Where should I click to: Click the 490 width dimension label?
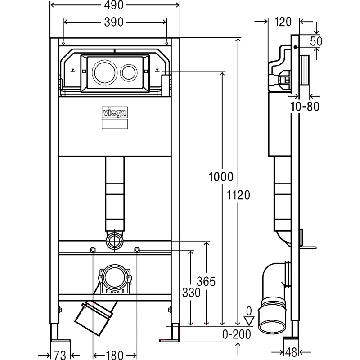click(x=114, y=5)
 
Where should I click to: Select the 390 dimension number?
click(x=114, y=22)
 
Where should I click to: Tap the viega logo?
click(x=115, y=113)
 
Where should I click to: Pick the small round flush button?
click(x=129, y=72)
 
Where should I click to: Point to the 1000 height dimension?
click(x=221, y=177)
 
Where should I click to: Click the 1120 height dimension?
click(x=238, y=196)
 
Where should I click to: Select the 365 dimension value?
click(x=206, y=282)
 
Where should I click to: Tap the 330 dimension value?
click(x=191, y=293)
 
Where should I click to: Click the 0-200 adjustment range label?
click(x=237, y=334)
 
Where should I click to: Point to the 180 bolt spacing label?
click(x=115, y=355)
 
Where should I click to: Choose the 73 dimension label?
click(x=60, y=355)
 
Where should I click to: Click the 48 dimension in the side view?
click(x=291, y=352)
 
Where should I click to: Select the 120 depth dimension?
click(x=283, y=22)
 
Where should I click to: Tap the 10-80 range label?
click(x=305, y=107)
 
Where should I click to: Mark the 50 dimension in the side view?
click(x=316, y=41)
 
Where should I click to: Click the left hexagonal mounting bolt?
click(x=92, y=250)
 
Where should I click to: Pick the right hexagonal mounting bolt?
click(x=137, y=250)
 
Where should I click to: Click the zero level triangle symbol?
click(x=249, y=321)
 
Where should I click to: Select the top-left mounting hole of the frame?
click(x=63, y=43)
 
